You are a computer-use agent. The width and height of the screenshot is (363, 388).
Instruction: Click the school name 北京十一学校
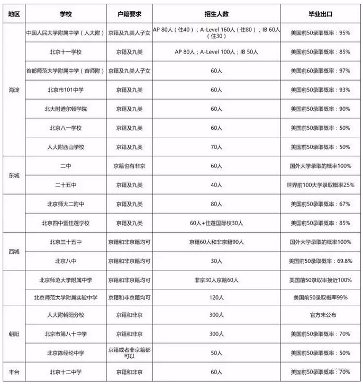pyautogui.click(x=66, y=52)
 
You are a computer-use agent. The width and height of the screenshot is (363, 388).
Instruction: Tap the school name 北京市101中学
pyautogui.click(x=66, y=90)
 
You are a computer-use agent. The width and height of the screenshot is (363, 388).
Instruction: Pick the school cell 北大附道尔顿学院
pyautogui.click(x=66, y=109)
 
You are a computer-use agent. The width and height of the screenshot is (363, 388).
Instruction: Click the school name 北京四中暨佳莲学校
pyautogui.click(x=66, y=223)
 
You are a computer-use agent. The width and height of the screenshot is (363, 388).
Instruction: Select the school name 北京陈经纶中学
pyautogui.click(x=66, y=352)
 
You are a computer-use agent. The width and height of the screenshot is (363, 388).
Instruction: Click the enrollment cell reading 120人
pyautogui.click(x=216, y=298)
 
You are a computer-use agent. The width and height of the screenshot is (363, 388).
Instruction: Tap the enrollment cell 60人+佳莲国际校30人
pyautogui.click(x=216, y=223)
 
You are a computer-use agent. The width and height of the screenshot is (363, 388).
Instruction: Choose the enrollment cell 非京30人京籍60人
pyautogui.click(x=216, y=279)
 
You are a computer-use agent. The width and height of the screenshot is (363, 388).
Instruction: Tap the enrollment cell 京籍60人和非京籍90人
pyautogui.click(x=216, y=242)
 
